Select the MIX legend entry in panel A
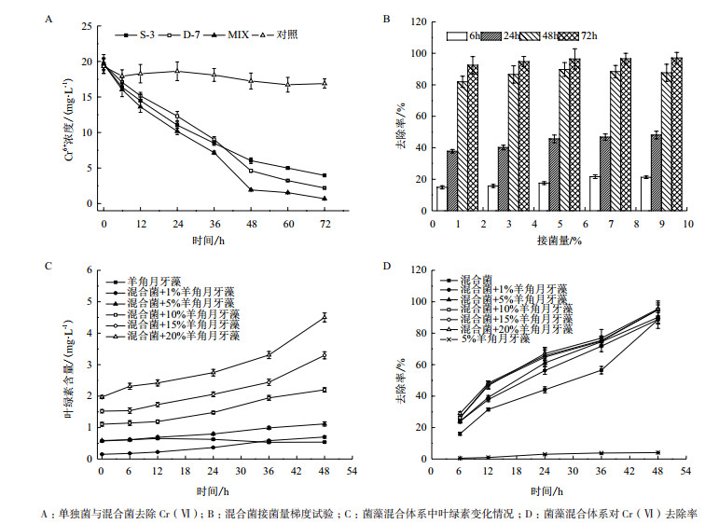243,34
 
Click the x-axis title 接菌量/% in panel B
558,241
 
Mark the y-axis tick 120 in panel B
421,22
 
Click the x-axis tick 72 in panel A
324,225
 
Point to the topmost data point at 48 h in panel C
324,317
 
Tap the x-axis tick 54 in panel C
351,471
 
